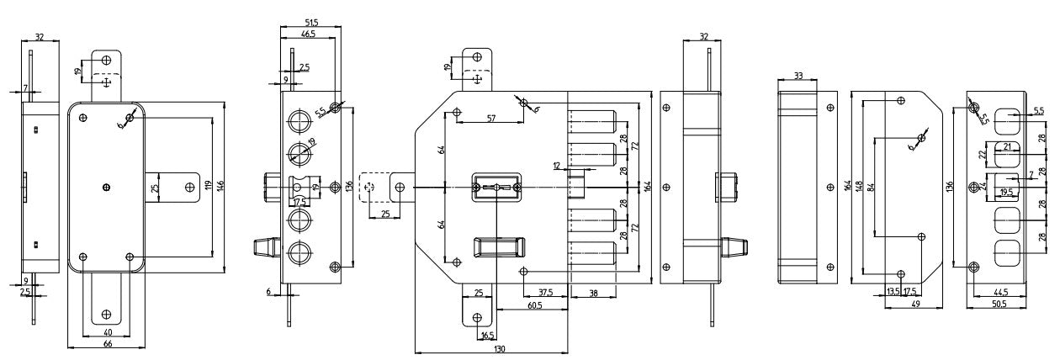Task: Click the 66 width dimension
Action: [x=108, y=344]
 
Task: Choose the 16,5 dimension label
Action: [x=486, y=335]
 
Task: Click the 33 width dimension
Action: [x=798, y=77]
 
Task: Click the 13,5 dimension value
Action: [x=893, y=293]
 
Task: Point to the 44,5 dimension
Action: [x=999, y=293]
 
